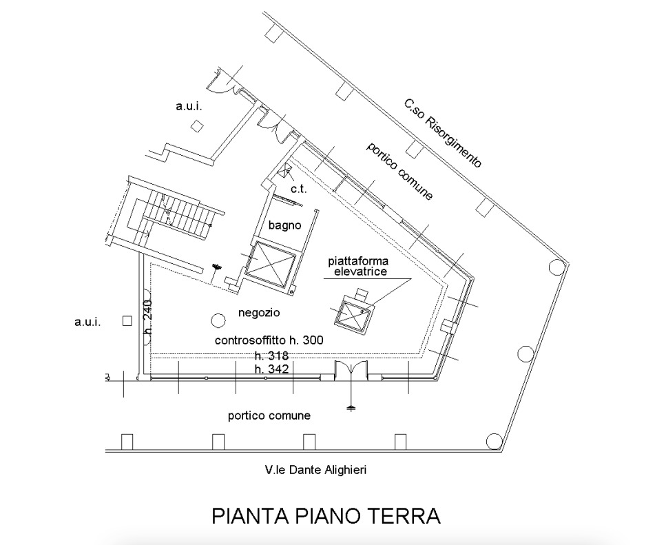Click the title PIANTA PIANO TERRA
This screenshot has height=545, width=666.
tap(326, 515)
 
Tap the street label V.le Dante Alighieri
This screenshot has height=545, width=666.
tap(315, 470)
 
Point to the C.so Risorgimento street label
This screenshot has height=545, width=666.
tap(443, 133)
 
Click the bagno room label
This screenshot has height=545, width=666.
tap(284, 225)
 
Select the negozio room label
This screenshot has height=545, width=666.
tap(259, 313)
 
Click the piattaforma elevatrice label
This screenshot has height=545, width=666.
tap(358, 267)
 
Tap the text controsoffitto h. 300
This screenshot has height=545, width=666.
tap(269, 340)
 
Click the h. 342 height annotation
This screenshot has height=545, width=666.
tap(272, 369)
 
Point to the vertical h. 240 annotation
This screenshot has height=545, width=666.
tap(148, 316)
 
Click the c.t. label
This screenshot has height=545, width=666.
tap(299, 189)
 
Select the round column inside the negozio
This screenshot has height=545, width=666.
tap(218, 320)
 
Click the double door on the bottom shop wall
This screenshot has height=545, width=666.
tap(351, 370)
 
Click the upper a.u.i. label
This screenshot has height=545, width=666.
tap(189, 106)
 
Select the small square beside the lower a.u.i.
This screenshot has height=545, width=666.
tap(127, 320)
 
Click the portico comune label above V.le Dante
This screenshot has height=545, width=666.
tap(269, 415)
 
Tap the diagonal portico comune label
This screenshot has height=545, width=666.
tap(399, 171)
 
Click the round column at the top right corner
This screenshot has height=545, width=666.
tap(556, 267)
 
